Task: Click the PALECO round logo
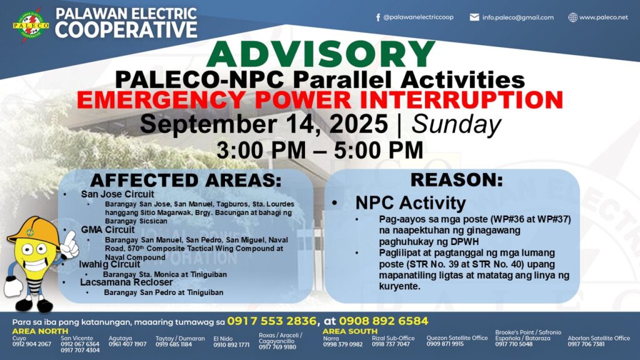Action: [x=31, y=24]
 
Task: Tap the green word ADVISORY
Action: [x=321, y=54]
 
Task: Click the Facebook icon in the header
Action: [x=378, y=17]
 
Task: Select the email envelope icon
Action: [x=474, y=17]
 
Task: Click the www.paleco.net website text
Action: [x=603, y=17]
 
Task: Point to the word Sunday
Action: [x=456, y=124]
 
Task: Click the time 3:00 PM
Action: [x=261, y=150]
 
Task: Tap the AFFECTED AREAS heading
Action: [x=186, y=180]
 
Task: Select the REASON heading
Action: [x=457, y=179]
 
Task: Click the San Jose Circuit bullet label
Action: [x=117, y=194]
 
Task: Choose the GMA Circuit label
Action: [x=107, y=230]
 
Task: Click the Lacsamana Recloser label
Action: [x=126, y=282]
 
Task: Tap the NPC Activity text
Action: [x=411, y=203]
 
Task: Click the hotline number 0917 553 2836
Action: [x=272, y=321]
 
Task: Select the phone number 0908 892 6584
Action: [x=384, y=321]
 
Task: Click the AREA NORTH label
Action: [x=40, y=331]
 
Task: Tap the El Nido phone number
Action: [x=231, y=345]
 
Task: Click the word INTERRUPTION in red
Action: [x=462, y=100]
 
